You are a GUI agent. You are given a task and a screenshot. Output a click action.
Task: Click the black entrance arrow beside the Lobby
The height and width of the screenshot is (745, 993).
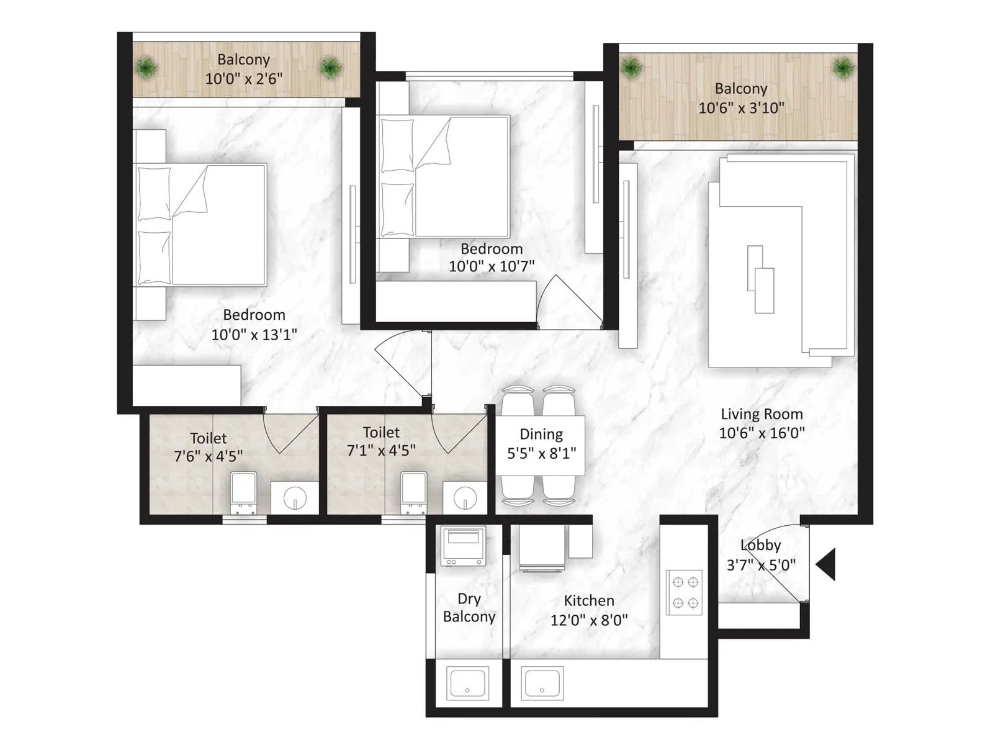(827, 564)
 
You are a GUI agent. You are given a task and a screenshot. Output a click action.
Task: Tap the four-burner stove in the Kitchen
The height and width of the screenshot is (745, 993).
(685, 592)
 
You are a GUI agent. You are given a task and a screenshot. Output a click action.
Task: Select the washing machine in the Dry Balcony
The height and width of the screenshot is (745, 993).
(462, 546)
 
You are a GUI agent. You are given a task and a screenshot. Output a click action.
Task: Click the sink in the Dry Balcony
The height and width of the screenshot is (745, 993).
(468, 684)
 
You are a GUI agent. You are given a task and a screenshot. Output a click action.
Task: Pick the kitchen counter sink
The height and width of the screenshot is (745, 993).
(542, 684)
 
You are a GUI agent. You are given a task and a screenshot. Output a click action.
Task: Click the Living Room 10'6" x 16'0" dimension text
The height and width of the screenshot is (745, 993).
(762, 433)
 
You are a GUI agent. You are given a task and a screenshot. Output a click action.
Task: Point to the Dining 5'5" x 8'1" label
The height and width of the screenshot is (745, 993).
(541, 444)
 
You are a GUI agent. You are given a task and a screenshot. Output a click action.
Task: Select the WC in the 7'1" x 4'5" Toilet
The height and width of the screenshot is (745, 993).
(413, 492)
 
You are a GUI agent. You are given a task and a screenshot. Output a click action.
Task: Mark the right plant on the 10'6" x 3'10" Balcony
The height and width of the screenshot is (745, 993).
(843, 67)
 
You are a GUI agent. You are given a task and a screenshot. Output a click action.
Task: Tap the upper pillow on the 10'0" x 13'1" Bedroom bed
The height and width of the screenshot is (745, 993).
(154, 193)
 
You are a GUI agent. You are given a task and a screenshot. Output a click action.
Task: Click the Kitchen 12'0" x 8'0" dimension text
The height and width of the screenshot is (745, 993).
(589, 620)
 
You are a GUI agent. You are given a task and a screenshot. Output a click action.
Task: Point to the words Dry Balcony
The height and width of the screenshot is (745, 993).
(469, 608)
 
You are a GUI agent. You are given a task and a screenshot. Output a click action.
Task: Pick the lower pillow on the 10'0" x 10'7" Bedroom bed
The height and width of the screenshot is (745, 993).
(397, 209)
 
